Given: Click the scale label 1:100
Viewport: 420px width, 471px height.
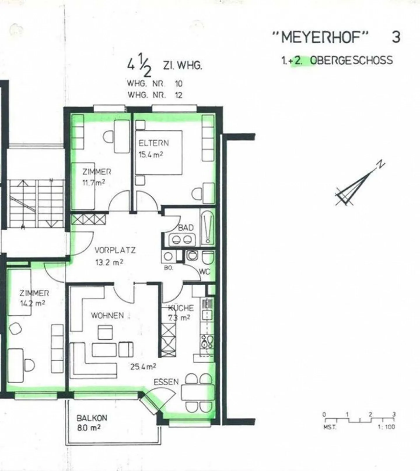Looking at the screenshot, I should click(386, 427).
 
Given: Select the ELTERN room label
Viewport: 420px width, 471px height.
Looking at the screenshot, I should click(153, 143).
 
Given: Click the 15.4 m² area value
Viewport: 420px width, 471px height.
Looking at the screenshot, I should click(150, 154).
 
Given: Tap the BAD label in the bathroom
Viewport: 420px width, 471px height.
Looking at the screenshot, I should click(186, 228).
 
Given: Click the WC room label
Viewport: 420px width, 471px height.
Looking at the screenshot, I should click(204, 272).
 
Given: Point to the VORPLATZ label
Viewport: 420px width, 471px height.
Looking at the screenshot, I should click(115, 250).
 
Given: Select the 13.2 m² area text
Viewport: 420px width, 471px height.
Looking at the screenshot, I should click(109, 262).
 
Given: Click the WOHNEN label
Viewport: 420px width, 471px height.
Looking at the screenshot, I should click(107, 315).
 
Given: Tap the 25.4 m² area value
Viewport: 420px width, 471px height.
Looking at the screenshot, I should click(143, 366).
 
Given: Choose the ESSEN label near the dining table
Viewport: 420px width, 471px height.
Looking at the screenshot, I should click(166, 382).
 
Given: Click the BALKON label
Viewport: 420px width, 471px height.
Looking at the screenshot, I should click(92, 418).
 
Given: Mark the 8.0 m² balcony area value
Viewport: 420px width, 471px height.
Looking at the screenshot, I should click(89, 428).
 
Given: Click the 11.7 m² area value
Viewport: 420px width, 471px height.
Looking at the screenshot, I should click(93, 183).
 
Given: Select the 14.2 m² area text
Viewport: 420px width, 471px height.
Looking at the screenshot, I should click(32, 304).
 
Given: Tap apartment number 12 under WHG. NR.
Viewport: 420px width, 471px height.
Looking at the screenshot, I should click(178, 95).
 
